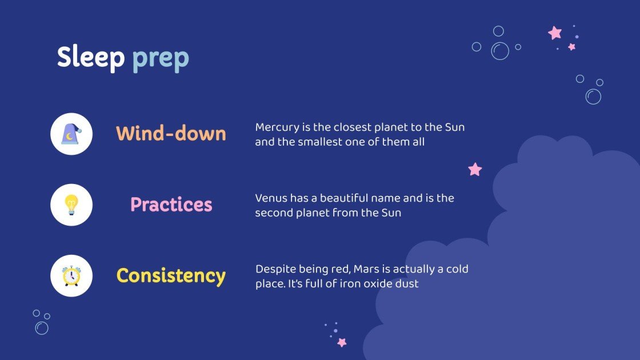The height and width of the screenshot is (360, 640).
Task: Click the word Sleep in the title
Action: click(90, 58)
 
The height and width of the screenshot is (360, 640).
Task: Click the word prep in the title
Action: click(160, 59)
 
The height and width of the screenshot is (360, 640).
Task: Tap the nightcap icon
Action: click(71, 134)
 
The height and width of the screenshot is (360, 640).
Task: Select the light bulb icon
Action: click(71, 204)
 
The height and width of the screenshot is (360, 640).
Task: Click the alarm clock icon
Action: click(71, 275)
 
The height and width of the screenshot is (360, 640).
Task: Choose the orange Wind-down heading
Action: click(171, 134)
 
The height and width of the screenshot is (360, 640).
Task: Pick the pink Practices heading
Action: click(171, 205)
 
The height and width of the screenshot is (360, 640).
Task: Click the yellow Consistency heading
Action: click(171, 276)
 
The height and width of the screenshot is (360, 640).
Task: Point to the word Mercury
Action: click(276, 127)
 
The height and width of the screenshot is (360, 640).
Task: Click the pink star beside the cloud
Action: click(475, 169)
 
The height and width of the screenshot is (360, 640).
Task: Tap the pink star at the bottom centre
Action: click(342, 342)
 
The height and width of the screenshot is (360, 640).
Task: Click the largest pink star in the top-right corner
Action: click(555, 33)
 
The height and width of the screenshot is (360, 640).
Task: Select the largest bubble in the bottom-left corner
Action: click(42, 328)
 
